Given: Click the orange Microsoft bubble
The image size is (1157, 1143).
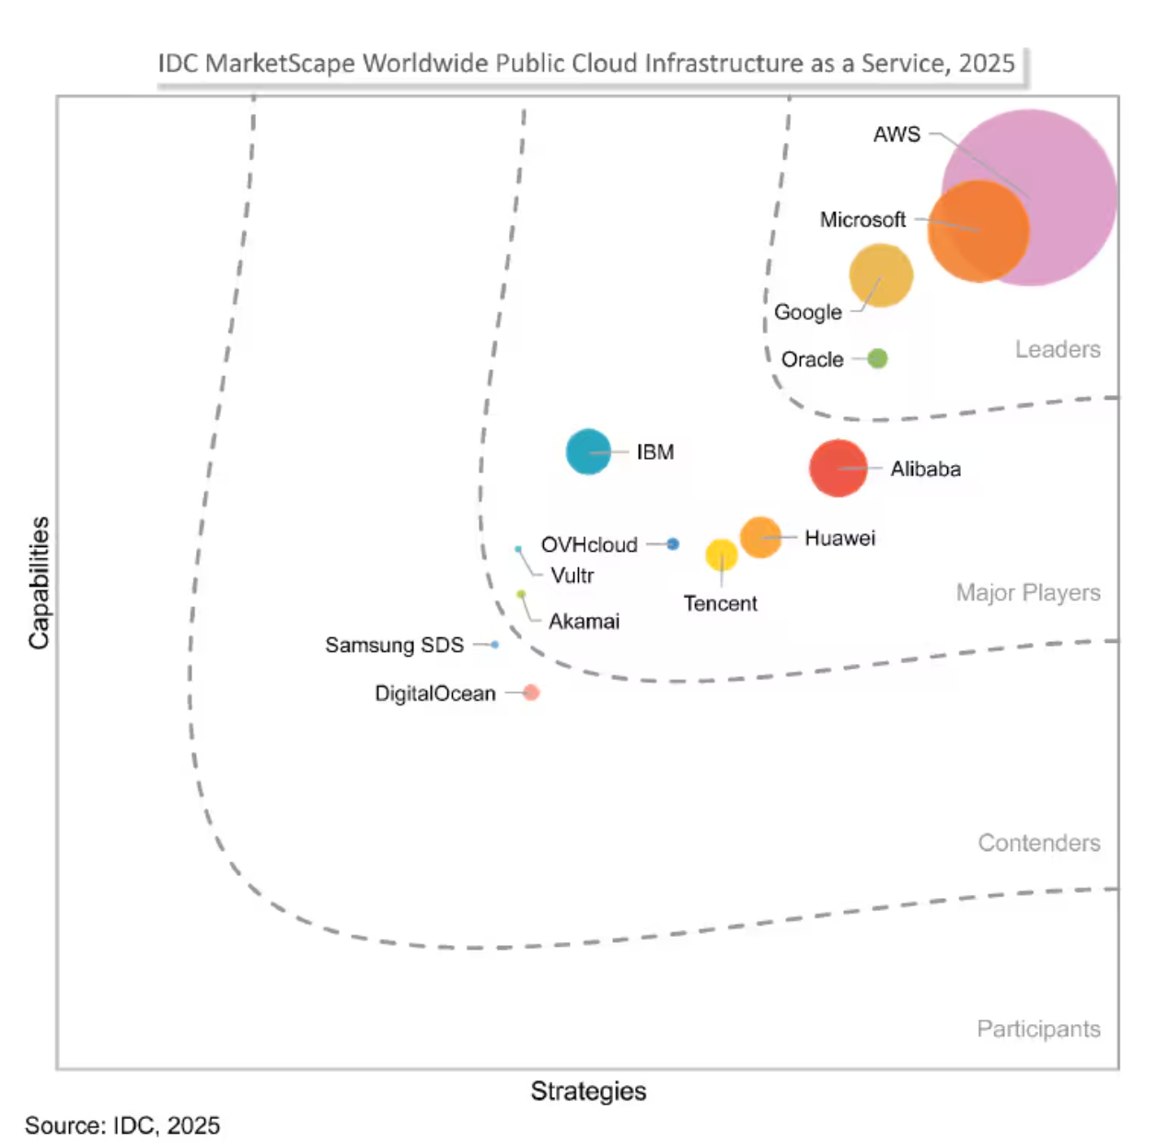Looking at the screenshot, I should pos(978,231).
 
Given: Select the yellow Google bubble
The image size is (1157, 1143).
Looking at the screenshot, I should pos(881,275).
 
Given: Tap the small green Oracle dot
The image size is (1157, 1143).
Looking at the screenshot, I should pos(877,358).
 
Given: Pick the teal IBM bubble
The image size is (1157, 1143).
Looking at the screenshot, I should pos(588,452).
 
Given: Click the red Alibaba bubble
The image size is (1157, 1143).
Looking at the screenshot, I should pos(838,468).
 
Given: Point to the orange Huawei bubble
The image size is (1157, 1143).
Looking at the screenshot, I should pos(760,537).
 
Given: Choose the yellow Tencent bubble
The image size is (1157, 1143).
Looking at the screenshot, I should pos(722,554).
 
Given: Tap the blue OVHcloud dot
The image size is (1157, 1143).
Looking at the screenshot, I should pos(673,544).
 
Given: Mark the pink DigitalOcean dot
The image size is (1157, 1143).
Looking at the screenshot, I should pos(531,693).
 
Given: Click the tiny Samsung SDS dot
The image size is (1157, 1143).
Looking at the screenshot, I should pos(495,645).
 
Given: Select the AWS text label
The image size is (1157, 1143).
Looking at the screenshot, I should pos(897,134).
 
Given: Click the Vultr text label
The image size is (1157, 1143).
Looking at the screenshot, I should pos(572,576).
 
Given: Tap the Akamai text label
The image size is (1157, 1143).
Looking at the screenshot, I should pos(584,622).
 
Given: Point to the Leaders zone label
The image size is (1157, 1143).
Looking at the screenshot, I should pos(1058,350).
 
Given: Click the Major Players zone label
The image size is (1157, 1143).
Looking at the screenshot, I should pos(1027,592).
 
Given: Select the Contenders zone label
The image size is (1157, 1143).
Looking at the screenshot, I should pos(1038,843).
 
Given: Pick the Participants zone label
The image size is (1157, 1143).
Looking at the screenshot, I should pos(1038,1029).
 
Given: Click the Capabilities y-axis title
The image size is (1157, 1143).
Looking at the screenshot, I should pos(39,582).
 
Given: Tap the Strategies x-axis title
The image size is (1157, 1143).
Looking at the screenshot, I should pos(588,1091).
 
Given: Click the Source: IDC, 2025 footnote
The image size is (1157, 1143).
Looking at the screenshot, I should pos(122,1126).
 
